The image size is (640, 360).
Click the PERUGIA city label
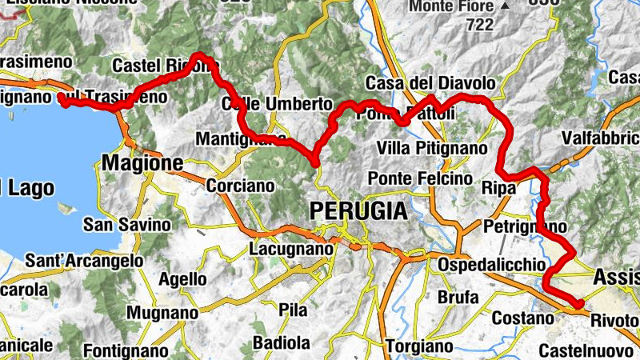click(x=357, y=210)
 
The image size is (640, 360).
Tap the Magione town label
click(x=142, y=163)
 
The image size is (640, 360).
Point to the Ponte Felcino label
click(x=419, y=178)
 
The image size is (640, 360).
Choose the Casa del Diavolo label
click(x=430, y=83)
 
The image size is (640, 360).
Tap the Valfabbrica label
click(x=599, y=138)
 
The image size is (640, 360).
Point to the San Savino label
click(x=127, y=225)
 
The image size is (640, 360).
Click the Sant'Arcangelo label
click(x=84, y=261)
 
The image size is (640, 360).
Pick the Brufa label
click(x=458, y=298)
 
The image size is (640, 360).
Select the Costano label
click(x=522, y=318)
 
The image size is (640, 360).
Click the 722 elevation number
click(x=480, y=24)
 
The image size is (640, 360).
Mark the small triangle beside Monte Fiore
click(x=504, y=6)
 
